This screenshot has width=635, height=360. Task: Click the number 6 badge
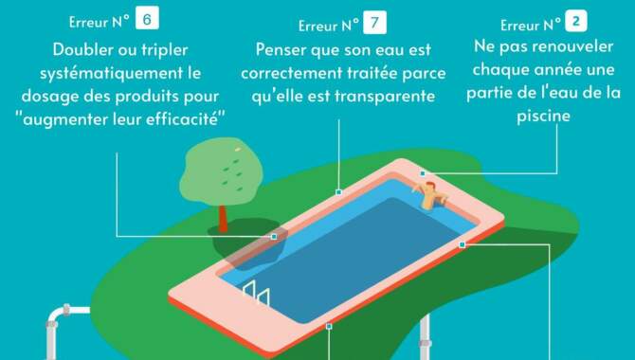[147, 18]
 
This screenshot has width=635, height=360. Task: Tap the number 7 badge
[374, 23]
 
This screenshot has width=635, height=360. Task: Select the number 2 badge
[576, 21]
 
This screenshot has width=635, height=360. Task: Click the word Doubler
[83, 50]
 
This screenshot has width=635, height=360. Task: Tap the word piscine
[543, 117]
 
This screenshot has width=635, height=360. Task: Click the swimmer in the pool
[430, 195]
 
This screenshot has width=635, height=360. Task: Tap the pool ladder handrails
[257, 292]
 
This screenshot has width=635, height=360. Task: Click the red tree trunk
[223, 219]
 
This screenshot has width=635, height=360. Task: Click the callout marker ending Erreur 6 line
[274, 237]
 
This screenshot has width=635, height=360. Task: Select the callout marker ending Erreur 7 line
[339, 192]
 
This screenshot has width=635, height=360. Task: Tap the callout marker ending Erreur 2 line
[423, 173]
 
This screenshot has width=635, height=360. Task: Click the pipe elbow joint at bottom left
[57, 315]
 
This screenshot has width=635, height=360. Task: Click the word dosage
[50, 97]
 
